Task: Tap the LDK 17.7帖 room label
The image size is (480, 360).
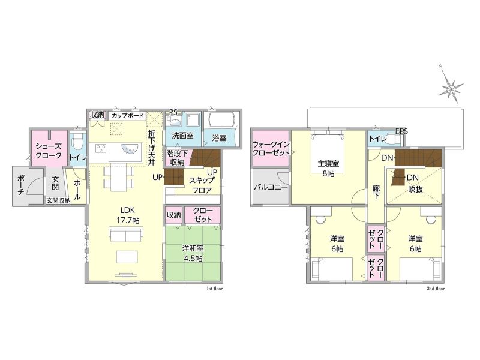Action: coord(128,215)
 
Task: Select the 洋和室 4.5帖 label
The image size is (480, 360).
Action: coord(193,253)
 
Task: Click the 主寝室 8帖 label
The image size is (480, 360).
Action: coord(328,169)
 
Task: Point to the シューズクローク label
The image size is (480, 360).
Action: coord(49,151)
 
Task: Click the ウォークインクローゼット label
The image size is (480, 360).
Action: coord(271,148)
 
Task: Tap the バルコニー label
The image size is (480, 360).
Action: coord(271,187)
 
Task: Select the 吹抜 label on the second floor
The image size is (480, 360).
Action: coord(415,190)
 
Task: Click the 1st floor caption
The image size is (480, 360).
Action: coord(215,289)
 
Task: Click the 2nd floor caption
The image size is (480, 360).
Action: coord(436,289)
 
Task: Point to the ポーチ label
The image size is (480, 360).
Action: coord(21,185)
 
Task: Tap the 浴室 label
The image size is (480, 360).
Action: coord(219,138)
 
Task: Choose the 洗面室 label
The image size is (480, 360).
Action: coord(182,136)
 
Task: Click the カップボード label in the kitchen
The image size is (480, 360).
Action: coord(127,116)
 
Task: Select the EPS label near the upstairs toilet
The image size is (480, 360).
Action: coord(401,131)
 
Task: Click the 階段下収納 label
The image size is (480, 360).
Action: coord(176,157)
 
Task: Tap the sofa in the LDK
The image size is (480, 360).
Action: coord(125,235)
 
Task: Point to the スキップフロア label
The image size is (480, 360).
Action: coord(202,185)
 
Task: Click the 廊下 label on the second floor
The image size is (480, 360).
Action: coord(376,192)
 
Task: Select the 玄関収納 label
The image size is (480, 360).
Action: coord(58,200)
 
